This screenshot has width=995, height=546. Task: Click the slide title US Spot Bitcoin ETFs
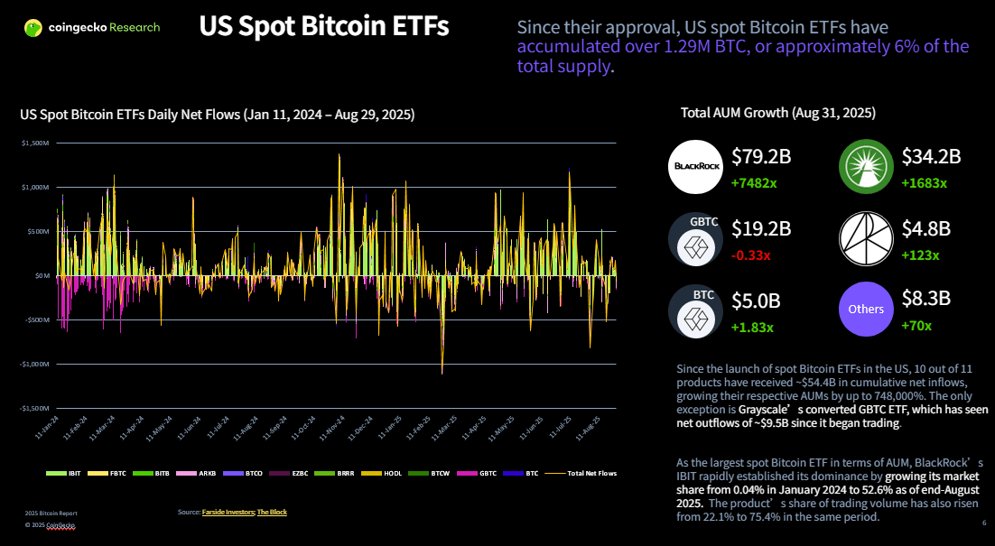[323, 27]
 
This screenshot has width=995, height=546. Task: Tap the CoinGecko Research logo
[92, 28]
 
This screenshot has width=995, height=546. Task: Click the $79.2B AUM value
[761, 156]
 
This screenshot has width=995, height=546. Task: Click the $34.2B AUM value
[931, 156]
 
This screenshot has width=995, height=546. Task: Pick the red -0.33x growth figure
[751, 254]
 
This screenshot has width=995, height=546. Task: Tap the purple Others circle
[866, 309]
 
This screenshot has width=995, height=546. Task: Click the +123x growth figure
[920, 254]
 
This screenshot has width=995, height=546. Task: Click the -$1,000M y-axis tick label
[34, 364]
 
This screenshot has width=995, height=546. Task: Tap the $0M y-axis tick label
[41, 275]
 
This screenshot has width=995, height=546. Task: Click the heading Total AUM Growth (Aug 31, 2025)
[777, 114]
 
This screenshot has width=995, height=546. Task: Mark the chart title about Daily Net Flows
[217, 115]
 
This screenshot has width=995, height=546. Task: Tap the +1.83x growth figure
[752, 326]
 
